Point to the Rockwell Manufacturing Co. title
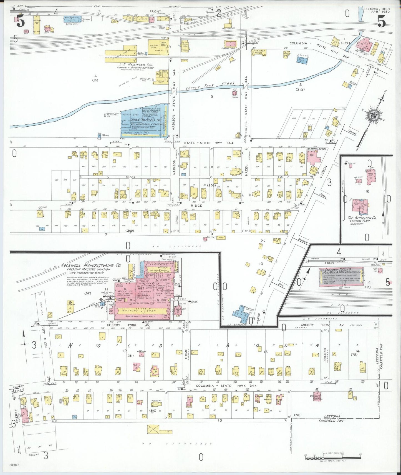tap(91, 265)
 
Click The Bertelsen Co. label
tap(362, 218)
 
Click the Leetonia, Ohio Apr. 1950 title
tap(375, 10)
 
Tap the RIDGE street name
tap(196, 206)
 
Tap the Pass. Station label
tap(228, 28)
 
